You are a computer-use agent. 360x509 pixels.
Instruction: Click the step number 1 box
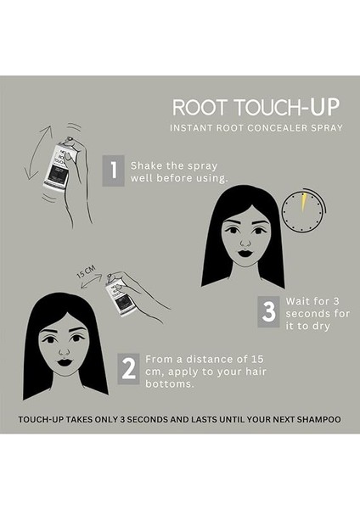click(113, 171)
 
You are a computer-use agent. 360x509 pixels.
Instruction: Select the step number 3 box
click(268, 311)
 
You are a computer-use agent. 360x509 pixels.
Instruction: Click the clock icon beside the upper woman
click(303, 210)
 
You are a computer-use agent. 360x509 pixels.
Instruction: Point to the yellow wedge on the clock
click(301, 201)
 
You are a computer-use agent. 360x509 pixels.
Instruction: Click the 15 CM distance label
click(85, 275)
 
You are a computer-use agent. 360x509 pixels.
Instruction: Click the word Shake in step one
click(147, 165)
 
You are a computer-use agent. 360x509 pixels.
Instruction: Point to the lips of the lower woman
click(64, 362)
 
